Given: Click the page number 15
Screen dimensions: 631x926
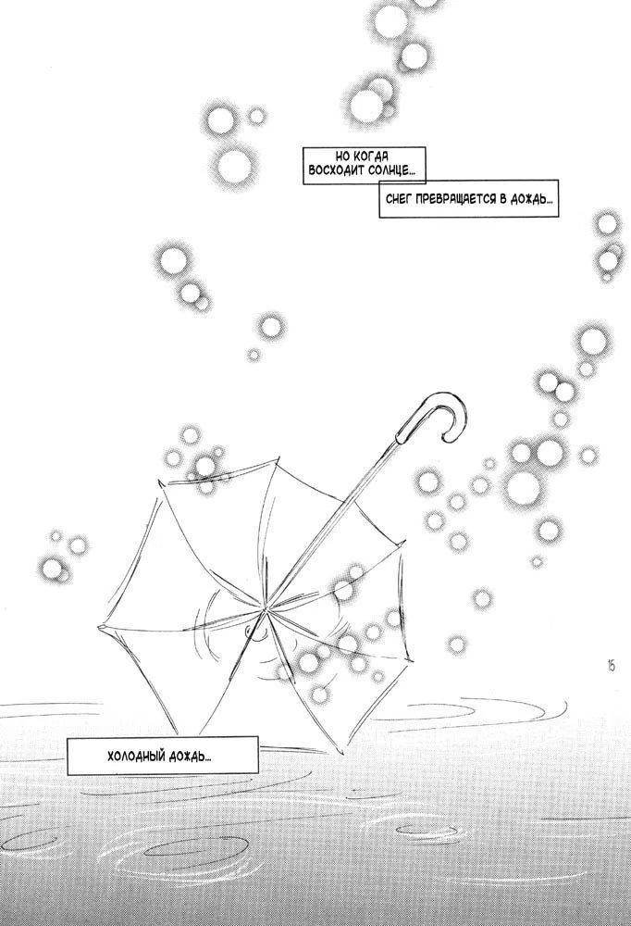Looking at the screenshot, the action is click(611, 666).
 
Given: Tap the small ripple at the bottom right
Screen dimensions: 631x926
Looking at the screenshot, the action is click(424, 830).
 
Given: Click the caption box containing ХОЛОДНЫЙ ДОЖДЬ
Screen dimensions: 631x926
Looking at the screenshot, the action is click(162, 756).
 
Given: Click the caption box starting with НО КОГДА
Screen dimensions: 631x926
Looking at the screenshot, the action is click(364, 166).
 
